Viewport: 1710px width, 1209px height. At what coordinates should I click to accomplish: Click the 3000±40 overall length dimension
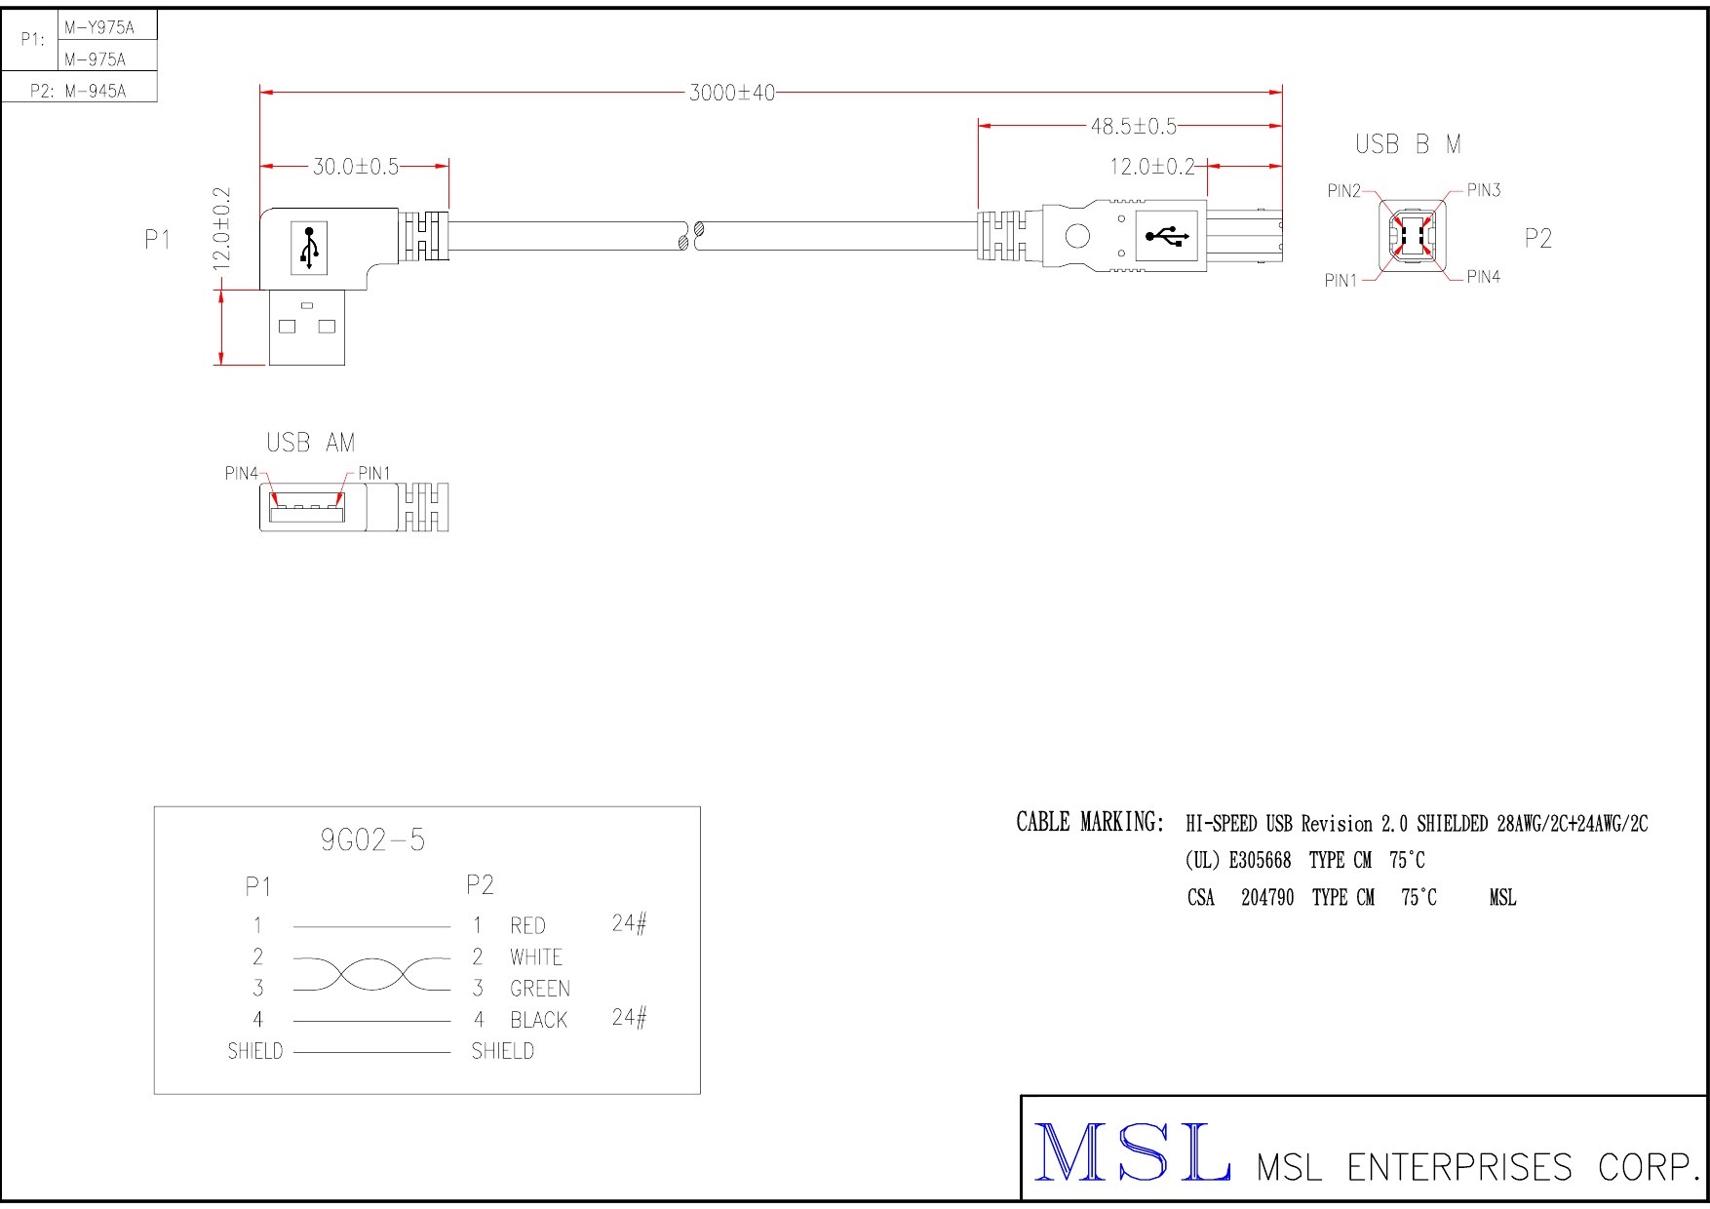[x=731, y=94]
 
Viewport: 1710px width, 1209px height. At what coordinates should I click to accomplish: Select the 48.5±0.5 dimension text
[x=1133, y=127]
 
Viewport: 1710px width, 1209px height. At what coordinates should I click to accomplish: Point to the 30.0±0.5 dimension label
[x=355, y=168]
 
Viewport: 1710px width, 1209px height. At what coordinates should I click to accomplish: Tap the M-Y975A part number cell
[x=98, y=28]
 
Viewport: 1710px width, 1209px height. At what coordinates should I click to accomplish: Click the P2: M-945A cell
[x=78, y=91]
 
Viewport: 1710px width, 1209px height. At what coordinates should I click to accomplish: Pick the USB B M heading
[x=1408, y=144]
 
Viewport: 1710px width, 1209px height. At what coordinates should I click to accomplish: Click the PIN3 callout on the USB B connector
[x=1483, y=190]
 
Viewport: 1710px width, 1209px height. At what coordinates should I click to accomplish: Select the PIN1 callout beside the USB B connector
[x=1341, y=281]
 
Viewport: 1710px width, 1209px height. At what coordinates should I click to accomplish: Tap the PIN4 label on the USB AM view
[x=241, y=474]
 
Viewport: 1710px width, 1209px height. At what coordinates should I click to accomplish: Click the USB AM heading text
[x=311, y=444]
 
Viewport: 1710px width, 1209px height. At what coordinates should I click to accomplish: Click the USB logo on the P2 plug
[x=1166, y=236]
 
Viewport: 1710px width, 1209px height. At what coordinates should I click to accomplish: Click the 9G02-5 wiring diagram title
[x=372, y=840]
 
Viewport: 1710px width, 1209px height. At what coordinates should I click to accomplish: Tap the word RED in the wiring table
[x=527, y=925]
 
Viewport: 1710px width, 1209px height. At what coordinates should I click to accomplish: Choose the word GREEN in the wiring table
[x=539, y=989]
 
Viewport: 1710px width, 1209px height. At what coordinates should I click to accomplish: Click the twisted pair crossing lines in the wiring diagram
[x=372, y=973]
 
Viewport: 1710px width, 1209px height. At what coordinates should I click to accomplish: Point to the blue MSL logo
[x=1131, y=1152]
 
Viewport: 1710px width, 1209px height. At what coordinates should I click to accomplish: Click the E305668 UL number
[x=1260, y=860]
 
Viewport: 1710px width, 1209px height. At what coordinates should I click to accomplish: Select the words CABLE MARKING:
[x=1090, y=822]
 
